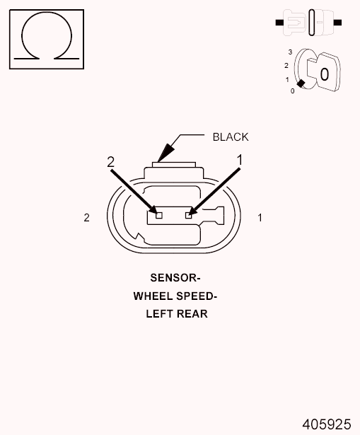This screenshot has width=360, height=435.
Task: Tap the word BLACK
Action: (231, 137)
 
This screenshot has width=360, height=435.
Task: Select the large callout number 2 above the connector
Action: (110, 162)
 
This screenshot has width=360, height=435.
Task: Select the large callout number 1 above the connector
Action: (240, 160)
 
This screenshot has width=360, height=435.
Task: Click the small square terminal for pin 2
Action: (159, 215)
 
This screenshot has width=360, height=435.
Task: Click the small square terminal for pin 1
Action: (189, 215)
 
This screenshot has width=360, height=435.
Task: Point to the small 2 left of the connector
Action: (86, 218)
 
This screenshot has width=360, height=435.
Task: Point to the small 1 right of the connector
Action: (260, 218)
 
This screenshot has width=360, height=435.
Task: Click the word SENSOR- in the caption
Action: (175, 278)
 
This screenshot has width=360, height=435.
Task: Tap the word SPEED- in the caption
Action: (197, 296)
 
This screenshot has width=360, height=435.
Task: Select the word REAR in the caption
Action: (192, 314)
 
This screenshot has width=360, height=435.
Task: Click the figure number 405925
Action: (327, 424)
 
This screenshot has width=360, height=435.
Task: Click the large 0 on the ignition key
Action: (324, 74)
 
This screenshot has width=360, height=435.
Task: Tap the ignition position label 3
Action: (290, 52)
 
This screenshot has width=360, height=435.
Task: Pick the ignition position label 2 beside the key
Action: (286, 66)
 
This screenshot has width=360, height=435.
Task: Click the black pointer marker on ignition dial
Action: (301, 83)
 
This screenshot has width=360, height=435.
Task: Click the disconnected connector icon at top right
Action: (308, 23)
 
